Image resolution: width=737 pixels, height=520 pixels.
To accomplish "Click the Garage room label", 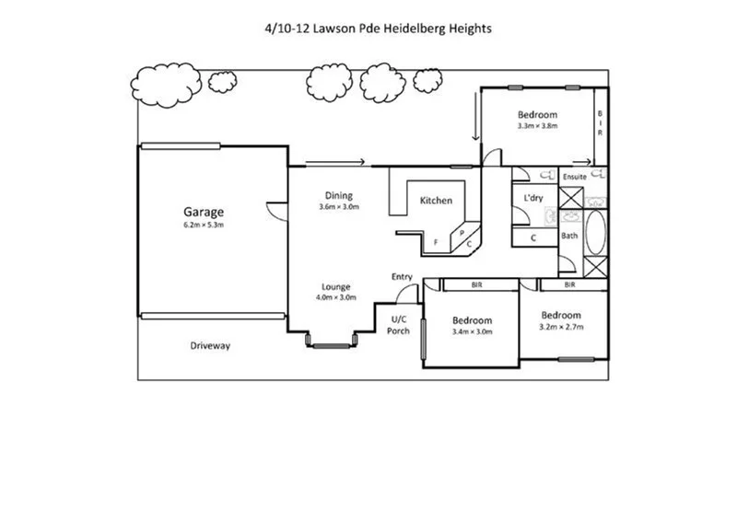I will click(x=203, y=212).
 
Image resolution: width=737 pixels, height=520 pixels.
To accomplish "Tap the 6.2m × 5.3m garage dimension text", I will click(x=203, y=225).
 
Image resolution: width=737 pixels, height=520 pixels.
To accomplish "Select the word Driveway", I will click(x=210, y=346).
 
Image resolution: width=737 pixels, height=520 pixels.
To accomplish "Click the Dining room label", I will click(x=338, y=195).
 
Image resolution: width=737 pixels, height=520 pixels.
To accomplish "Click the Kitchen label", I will click(x=436, y=201).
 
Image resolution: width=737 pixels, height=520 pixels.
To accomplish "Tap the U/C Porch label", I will click(x=399, y=325).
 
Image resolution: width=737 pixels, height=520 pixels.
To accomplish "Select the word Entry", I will click(x=402, y=276).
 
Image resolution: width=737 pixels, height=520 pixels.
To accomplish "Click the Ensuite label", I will click(x=575, y=175).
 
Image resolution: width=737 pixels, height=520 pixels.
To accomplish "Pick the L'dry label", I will click(x=532, y=199).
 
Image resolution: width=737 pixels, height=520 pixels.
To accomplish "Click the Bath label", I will click(x=569, y=237).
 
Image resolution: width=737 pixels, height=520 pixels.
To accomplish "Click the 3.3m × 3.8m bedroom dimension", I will click(x=539, y=126).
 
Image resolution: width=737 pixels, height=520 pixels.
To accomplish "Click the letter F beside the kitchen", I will click(x=436, y=242).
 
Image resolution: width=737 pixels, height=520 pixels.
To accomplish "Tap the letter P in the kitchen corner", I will click(x=462, y=234).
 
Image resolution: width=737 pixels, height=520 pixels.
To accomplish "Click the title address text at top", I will click(x=378, y=29).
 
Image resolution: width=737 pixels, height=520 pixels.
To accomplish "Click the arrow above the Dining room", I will click(x=335, y=163).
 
